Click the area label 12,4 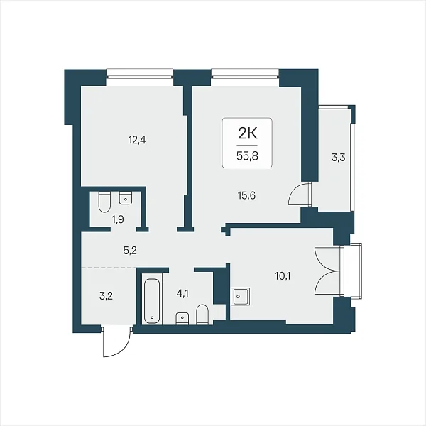point(137,141)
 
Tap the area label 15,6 point(246,195)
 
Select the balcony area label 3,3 point(338,158)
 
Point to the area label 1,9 point(118,219)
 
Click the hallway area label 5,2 point(130,251)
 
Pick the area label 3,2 point(106,296)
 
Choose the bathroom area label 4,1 point(182,294)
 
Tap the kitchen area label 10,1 point(283,277)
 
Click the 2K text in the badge point(247,133)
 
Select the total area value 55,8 point(247,156)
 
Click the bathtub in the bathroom point(152,298)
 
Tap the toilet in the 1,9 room point(104,202)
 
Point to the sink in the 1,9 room point(126,198)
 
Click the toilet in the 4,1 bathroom point(202,314)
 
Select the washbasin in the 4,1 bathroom point(182,318)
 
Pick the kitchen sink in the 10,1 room point(241,296)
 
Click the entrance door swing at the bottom point(117,342)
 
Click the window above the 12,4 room point(140,73)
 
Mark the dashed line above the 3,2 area point(109,268)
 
